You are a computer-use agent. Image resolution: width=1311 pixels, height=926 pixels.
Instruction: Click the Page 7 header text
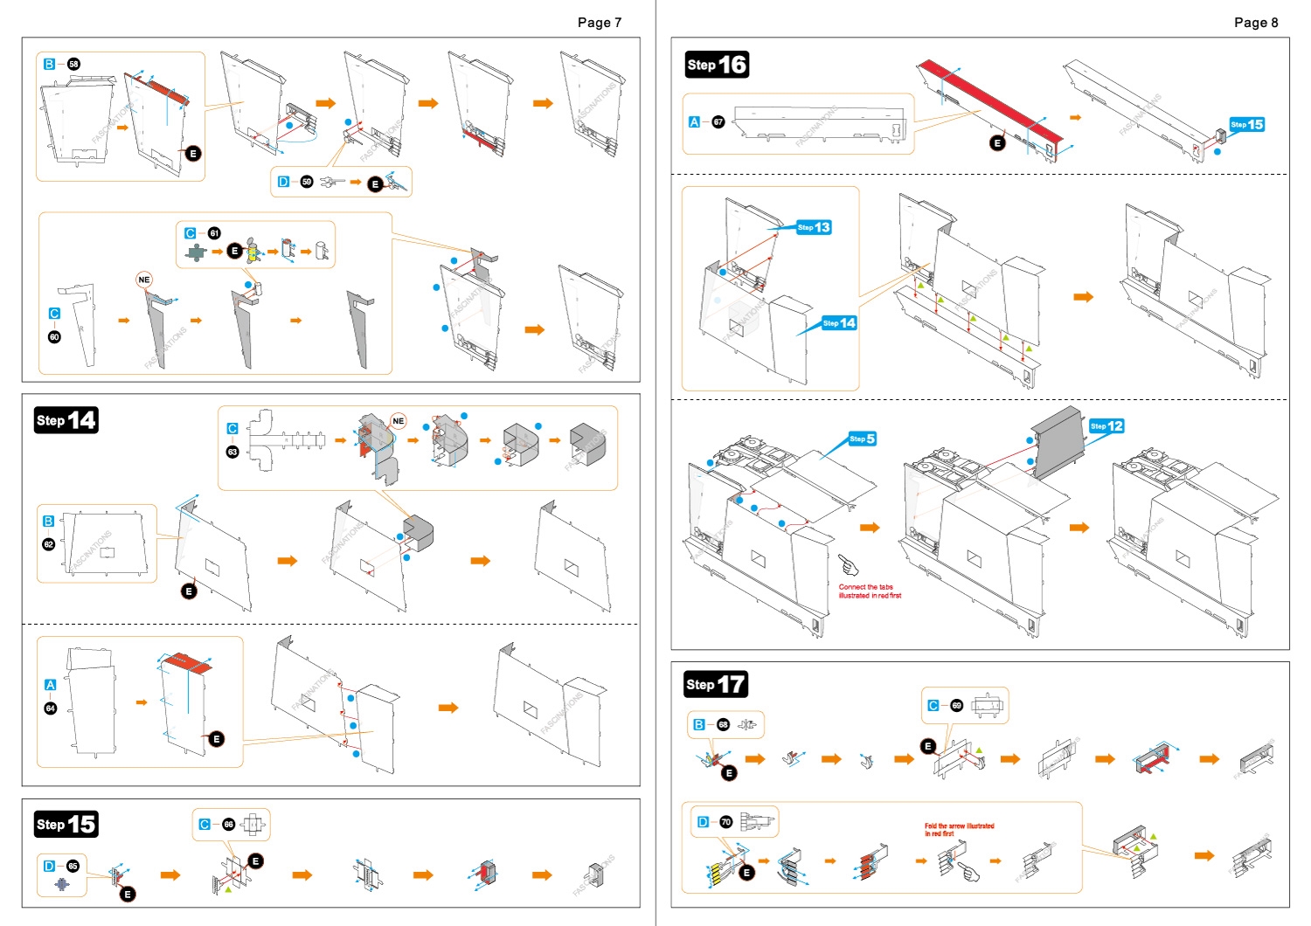[x=599, y=23]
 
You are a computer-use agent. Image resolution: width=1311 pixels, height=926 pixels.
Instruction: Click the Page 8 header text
[x=1255, y=23]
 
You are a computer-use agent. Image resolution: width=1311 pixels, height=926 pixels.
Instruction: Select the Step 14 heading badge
[x=66, y=420]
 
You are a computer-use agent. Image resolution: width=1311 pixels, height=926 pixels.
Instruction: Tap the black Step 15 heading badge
[x=66, y=824]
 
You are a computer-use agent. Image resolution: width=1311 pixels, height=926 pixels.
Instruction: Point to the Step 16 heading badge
[x=717, y=65]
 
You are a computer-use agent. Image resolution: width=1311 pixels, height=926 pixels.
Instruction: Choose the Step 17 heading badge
[x=716, y=684]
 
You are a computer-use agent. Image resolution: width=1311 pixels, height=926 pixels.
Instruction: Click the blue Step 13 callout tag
[x=814, y=227]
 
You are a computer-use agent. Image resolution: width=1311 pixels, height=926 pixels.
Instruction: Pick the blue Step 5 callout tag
[x=862, y=439]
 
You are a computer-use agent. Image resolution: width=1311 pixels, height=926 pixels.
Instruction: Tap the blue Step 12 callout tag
[x=1106, y=426]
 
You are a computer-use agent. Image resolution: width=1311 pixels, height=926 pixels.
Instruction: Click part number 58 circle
[x=73, y=64]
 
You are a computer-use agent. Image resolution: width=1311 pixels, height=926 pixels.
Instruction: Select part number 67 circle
[x=718, y=122]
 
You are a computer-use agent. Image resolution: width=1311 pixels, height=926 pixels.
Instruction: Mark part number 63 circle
[x=232, y=452]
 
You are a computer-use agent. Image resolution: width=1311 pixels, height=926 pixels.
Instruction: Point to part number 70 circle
[x=725, y=822]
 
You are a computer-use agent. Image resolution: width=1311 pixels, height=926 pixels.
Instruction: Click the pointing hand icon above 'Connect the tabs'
[x=848, y=565]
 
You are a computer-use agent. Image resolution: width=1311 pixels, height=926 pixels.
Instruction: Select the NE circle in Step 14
[x=399, y=421]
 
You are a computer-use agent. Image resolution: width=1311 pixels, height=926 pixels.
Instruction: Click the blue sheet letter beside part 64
[x=50, y=685]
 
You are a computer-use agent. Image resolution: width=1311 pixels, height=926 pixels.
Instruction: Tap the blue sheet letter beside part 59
[x=283, y=182]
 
